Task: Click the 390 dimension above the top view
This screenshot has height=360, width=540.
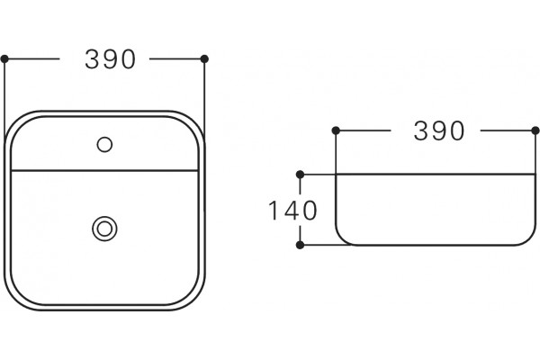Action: (x=110, y=59)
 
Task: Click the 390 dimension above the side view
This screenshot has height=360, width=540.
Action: (x=439, y=130)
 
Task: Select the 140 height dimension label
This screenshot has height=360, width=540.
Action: (x=292, y=211)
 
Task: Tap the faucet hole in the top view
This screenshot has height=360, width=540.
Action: (x=104, y=145)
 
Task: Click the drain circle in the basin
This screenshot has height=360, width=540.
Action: (x=104, y=229)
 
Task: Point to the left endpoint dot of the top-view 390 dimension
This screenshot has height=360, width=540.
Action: (x=4, y=58)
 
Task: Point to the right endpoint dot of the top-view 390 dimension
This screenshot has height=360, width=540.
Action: (x=204, y=58)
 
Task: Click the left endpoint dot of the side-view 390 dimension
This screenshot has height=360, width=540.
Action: (x=336, y=130)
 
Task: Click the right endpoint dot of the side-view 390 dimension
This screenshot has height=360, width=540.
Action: (x=535, y=130)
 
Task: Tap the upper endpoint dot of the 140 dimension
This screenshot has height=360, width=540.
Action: (x=300, y=175)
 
